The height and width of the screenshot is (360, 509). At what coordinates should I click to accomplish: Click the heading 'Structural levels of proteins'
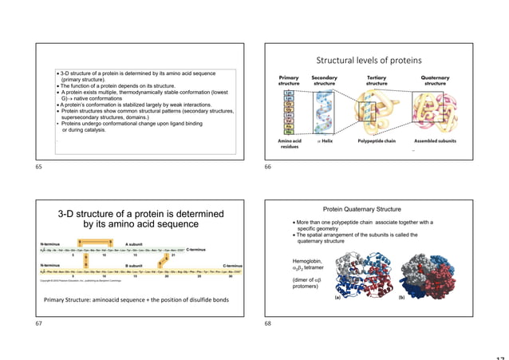[369, 60]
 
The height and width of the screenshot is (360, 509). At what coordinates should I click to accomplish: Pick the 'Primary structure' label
[289, 81]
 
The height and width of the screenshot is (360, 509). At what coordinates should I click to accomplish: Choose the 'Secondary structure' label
[324, 81]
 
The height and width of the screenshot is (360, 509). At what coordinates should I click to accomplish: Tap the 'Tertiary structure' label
[377, 81]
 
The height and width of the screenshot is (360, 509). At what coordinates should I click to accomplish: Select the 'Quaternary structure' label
[435, 81]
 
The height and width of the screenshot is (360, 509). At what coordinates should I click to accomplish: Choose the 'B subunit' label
[134, 266]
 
